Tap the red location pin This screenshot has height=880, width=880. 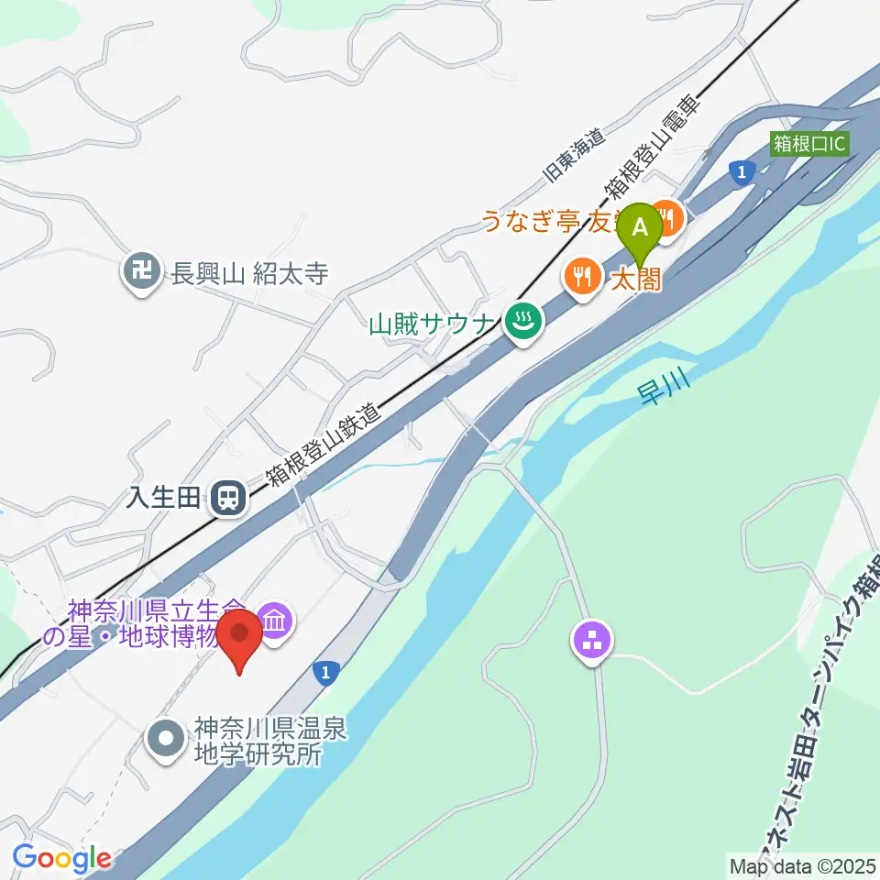tap(240, 638)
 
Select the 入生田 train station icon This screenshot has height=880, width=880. tap(225, 499)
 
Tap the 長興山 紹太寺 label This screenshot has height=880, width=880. tap(249, 273)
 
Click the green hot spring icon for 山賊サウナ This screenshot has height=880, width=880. tap(522, 321)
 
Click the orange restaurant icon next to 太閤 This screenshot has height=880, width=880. tap(582, 273)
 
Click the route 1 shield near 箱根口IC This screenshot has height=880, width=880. tap(741, 170)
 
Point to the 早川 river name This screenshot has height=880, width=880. tap(659, 389)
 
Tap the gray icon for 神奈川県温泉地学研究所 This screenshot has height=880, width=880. tap(167, 735)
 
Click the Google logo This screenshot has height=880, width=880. tap(61, 858)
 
